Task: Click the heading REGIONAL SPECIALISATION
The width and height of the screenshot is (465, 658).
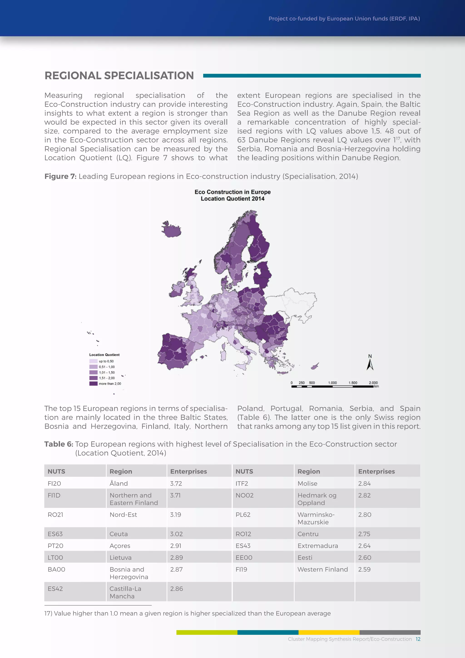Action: click(119, 76)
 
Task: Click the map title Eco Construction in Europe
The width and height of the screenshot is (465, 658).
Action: click(232, 192)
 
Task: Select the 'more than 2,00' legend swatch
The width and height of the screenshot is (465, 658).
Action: click(93, 384)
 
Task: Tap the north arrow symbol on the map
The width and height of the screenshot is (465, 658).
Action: click(370, 363)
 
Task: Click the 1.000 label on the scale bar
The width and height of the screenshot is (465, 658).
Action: click(332, 383)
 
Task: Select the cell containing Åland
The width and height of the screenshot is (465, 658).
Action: click(119, 484)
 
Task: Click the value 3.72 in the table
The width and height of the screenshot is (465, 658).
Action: click(176, 484)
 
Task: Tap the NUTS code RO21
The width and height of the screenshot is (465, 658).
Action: click(55, 514)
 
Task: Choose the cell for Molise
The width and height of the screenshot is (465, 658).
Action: click(307, 484)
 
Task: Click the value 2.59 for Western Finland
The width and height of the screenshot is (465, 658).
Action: click(364, 569)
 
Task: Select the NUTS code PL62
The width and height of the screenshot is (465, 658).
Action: click(243, 514)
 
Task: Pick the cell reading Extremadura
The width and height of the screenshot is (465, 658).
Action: click(318, 546)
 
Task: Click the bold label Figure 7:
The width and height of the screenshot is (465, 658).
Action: click(60, 176)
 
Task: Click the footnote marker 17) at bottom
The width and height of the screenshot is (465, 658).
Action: click(48, 613)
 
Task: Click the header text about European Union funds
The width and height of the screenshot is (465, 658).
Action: click(344, 19)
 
